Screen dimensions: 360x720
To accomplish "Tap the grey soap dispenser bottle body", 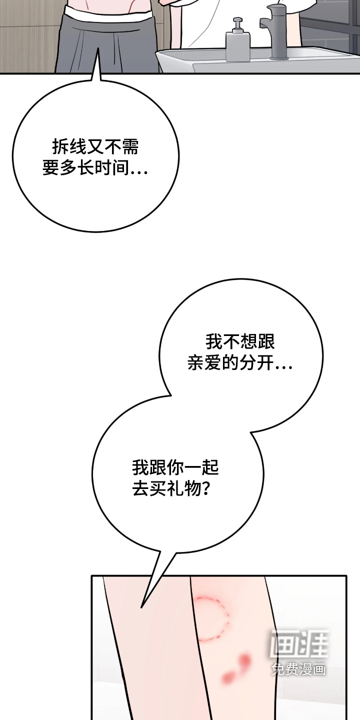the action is [238, 46].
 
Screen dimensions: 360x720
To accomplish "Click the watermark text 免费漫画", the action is [299, 667].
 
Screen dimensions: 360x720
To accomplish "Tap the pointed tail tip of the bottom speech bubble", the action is [141, 607].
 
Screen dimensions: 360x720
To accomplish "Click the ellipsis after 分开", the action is [283, 367].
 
